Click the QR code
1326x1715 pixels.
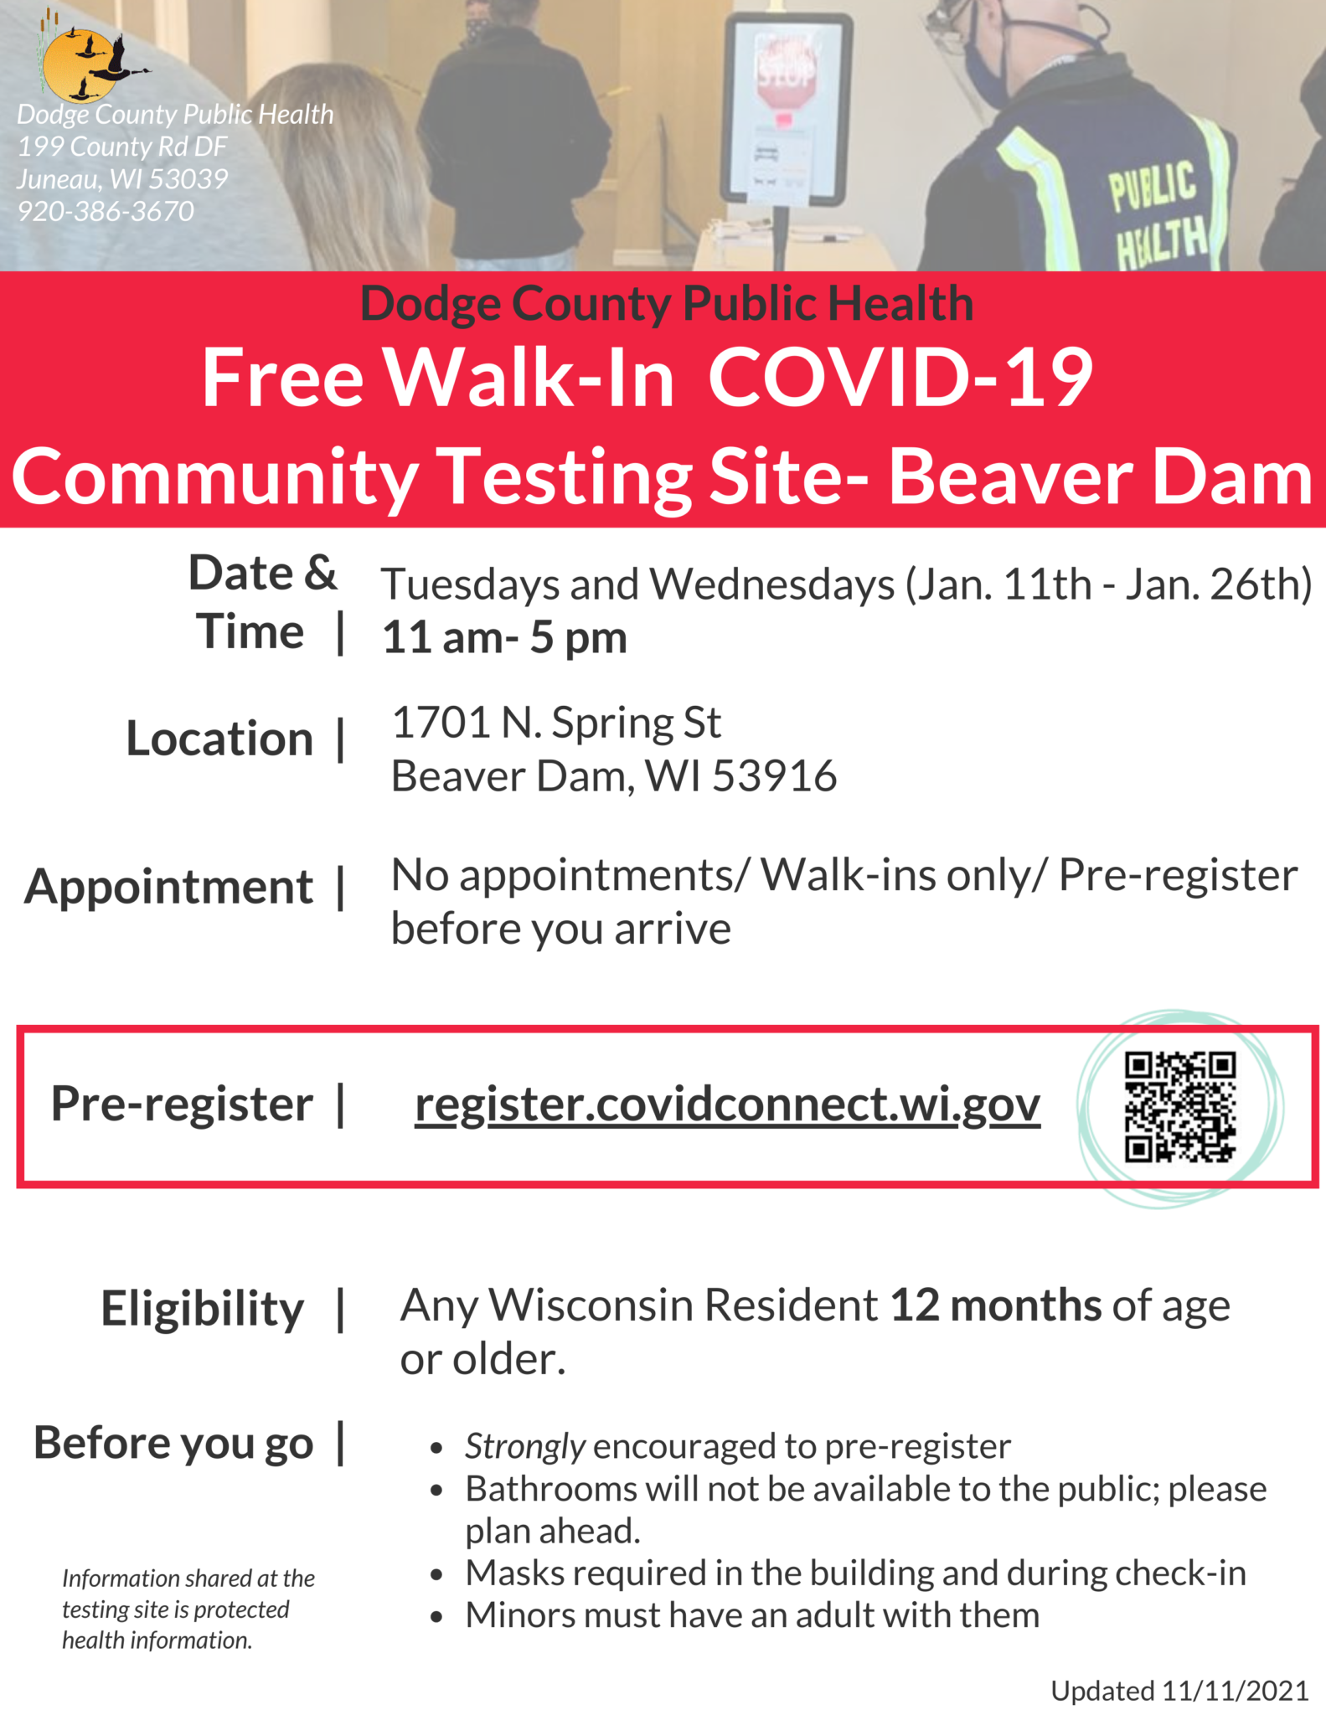(1179, 1107)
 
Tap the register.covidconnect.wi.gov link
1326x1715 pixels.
(727, 1105)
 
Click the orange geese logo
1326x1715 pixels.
(81, 65)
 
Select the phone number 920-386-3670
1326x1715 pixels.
(106, 211)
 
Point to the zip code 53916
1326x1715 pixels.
(774, 776)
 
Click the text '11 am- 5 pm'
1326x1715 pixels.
(504, 637)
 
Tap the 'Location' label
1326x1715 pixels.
(219, 739)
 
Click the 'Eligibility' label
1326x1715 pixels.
(202, 1308)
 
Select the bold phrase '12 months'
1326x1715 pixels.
(995, 1305)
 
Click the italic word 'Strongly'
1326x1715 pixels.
(524, 1446)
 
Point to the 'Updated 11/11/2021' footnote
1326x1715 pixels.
(1179, 1691)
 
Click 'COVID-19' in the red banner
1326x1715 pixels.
(900, 378)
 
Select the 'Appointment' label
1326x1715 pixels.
(168, 887)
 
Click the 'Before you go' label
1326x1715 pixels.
(173, 1443)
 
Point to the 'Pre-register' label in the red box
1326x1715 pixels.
(182, 1104)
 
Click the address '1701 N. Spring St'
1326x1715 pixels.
(556, 723)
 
